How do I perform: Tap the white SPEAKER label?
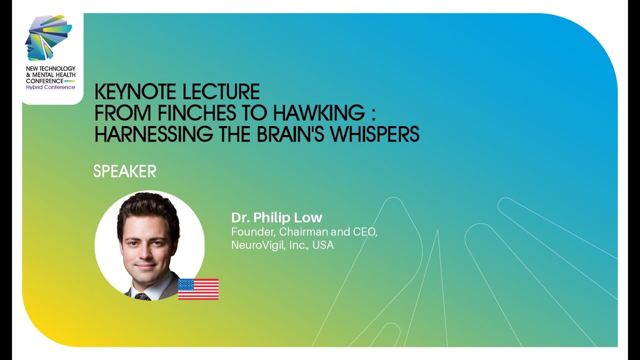coord(124,171)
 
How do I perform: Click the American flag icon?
coord(198,289)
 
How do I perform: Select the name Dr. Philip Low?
coord(276,217)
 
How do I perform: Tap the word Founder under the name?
coord(252,232)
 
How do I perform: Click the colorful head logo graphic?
coord(47,37)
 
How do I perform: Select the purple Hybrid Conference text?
coord(50,87)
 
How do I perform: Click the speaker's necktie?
coord(142,296)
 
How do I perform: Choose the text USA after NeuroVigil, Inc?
coord(323,245)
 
